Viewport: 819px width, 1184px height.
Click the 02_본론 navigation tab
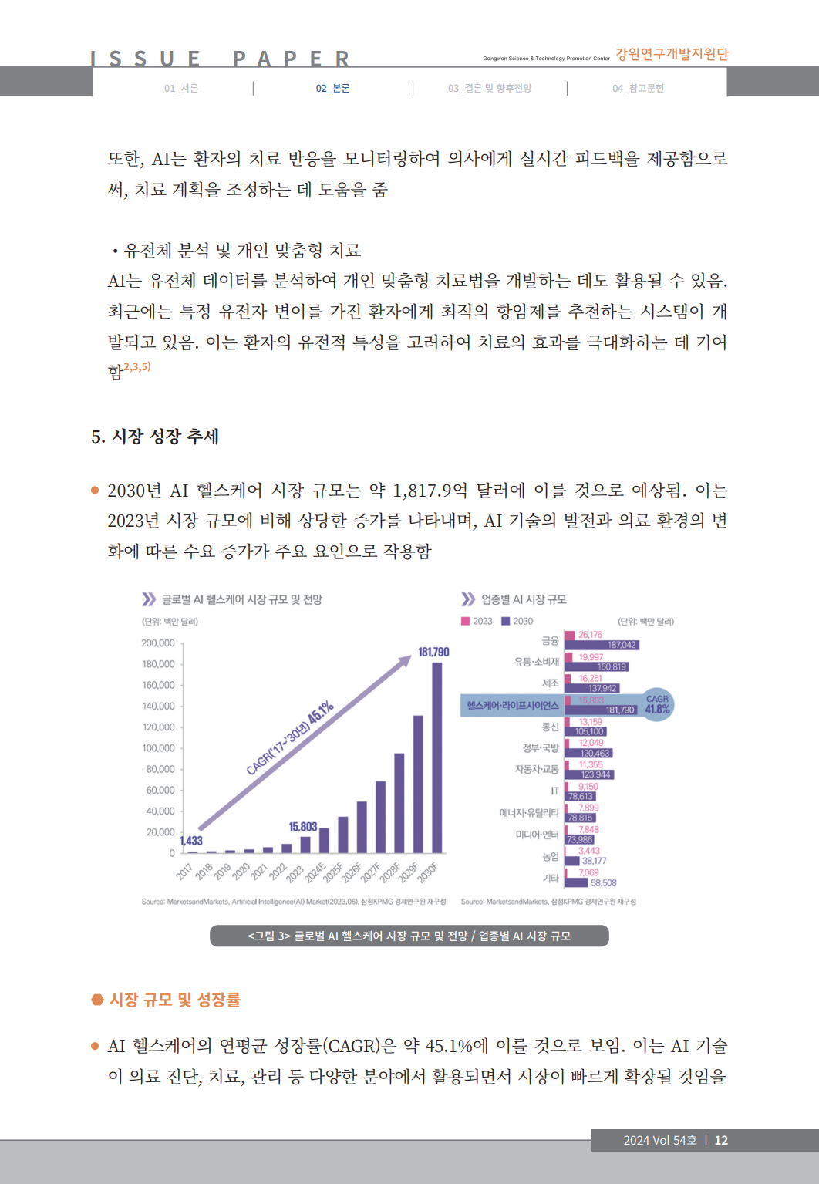[332, 89]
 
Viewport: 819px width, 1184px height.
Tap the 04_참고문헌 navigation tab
[638, 89]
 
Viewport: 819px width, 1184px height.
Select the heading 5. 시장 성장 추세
[155, 437]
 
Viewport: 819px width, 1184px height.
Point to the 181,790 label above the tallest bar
[433, 653]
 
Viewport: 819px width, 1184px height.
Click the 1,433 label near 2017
[191, 841]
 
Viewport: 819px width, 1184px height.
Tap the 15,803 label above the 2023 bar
[303, 827]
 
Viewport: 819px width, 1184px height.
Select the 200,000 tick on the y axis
[158, 643]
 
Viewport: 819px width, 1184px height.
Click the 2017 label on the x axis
[184, 872]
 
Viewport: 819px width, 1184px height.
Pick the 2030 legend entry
[517, 622]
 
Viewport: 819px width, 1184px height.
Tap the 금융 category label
[550, 641]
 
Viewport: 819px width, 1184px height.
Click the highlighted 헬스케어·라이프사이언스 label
[513, 706]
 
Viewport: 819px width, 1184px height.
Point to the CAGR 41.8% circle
[657, 704]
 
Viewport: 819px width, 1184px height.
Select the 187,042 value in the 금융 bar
[622, 646]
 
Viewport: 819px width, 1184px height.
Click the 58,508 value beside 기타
[604, 883]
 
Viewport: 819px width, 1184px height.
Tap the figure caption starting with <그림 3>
[409, 936]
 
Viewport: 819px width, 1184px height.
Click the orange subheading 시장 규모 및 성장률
[174, 1000]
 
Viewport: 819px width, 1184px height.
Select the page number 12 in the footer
[721, 1141]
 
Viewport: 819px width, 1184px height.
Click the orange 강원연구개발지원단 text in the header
[672, 54]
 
